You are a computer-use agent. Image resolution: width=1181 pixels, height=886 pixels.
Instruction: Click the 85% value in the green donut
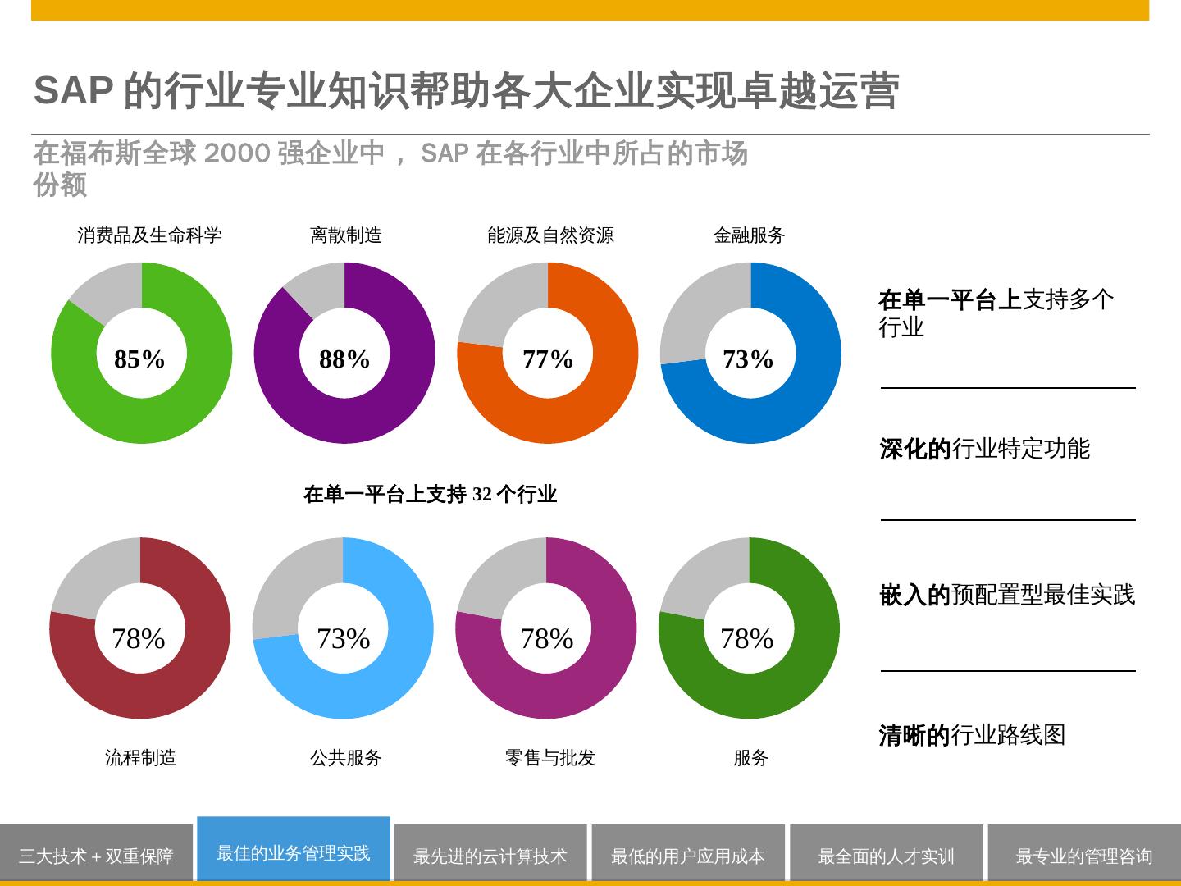pos(139,359)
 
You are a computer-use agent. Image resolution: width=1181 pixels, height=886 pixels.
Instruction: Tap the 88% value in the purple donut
pos(344,359)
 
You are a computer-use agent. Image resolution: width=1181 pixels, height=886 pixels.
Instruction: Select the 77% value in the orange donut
pos(548,359)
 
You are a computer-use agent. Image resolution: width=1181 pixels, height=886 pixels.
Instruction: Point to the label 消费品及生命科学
pos(149,235)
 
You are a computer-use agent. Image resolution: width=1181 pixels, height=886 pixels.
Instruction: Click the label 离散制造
pos(346,235)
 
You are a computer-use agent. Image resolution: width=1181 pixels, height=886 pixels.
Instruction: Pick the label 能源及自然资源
pos(550,235)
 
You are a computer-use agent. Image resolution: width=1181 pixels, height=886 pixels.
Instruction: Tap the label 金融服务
pos(750,235)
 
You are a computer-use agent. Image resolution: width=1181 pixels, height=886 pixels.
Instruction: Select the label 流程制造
pos(141,757)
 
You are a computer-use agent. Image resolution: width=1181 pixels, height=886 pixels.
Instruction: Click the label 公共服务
pos(346,757)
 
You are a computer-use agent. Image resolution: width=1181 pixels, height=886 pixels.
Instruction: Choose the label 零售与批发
pos(550,757)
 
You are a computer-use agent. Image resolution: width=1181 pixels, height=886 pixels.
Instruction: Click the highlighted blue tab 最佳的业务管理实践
pos(294,853)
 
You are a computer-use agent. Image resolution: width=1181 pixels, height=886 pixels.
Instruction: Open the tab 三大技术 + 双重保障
pos(96,856)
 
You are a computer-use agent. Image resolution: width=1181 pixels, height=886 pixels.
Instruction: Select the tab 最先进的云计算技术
pos(490,856)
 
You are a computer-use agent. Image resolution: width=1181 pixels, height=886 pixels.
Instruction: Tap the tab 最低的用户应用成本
pos(688,856)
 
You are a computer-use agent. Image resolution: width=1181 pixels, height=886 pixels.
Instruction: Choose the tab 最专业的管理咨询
pos(1084,856)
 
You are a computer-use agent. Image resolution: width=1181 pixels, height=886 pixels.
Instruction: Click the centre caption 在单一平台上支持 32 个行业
pos(431,494)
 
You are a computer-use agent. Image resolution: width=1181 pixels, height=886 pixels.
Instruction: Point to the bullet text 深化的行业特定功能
pos(984,449)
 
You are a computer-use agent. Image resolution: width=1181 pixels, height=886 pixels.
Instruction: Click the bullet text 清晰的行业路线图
pos(972,735)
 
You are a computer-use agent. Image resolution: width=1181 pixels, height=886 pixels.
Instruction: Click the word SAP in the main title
pos(73,90)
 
